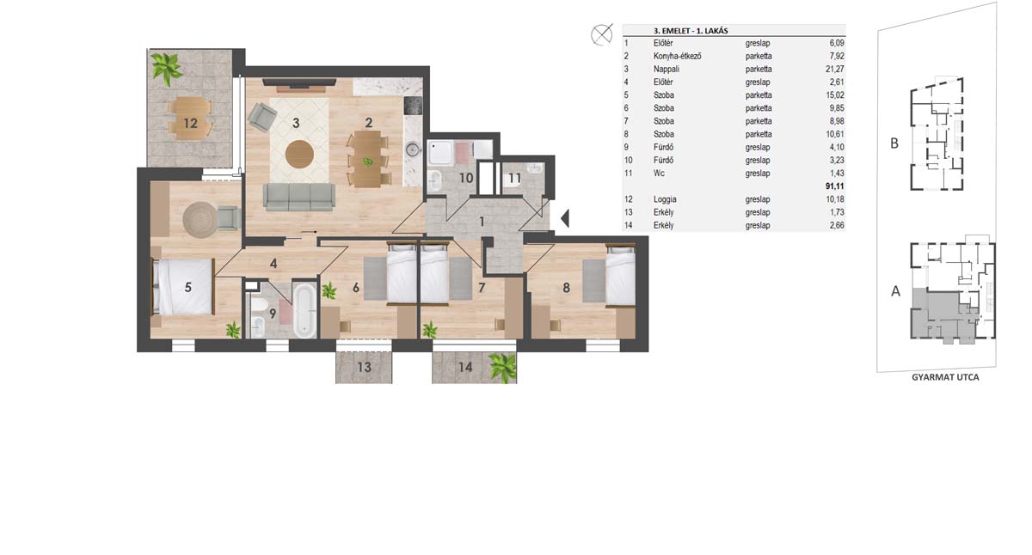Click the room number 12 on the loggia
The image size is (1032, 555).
click(190, 123)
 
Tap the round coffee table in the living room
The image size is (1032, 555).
click(299, 155)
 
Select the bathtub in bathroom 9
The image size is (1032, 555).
click(304, 310)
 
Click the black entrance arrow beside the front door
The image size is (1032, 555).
click(565, 218)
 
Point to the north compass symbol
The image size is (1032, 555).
click(602, 34)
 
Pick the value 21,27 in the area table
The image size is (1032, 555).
click(835, 69)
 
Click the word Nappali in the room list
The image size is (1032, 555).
click(666, 69)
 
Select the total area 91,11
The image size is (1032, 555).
click(835, 186)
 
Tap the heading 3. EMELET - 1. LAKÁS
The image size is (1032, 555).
click(691, 31)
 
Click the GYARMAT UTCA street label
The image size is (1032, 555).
click(945, 377)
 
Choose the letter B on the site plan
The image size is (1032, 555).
click(894, 143)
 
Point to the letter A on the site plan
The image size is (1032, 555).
click(895, 291)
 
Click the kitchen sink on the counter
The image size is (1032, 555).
click(412, 149)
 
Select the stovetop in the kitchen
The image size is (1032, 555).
click(413, 106)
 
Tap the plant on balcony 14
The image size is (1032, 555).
click(502, 367)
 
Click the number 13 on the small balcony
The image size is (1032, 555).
click(364, 367)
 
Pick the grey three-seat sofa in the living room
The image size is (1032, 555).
click(299, 197)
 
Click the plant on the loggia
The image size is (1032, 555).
click(166, 68)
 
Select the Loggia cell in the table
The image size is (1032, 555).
click(665, 199)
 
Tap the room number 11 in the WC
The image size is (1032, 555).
click(514, 178)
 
